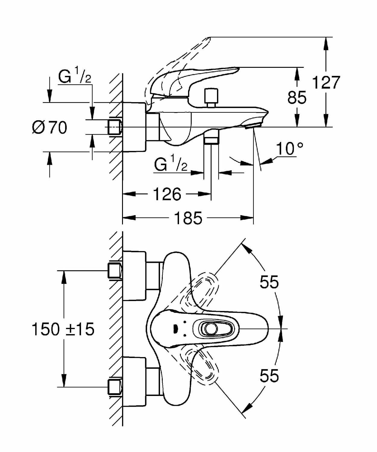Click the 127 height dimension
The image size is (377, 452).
(x=326, y=82)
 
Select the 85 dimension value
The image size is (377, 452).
(x=297, y=98)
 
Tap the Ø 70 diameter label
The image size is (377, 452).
(x=50, y=127)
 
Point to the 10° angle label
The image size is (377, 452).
(x=289, y=148)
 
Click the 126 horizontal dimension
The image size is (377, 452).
(x=167, y=194)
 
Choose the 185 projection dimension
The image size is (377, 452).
(x=188, y=218)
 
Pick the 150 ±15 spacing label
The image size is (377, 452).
(x=63, y=329)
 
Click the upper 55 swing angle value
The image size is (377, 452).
(x=269, y=282)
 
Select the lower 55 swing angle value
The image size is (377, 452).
(x=269, y=376)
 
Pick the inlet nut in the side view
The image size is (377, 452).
(x=115, y=127)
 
